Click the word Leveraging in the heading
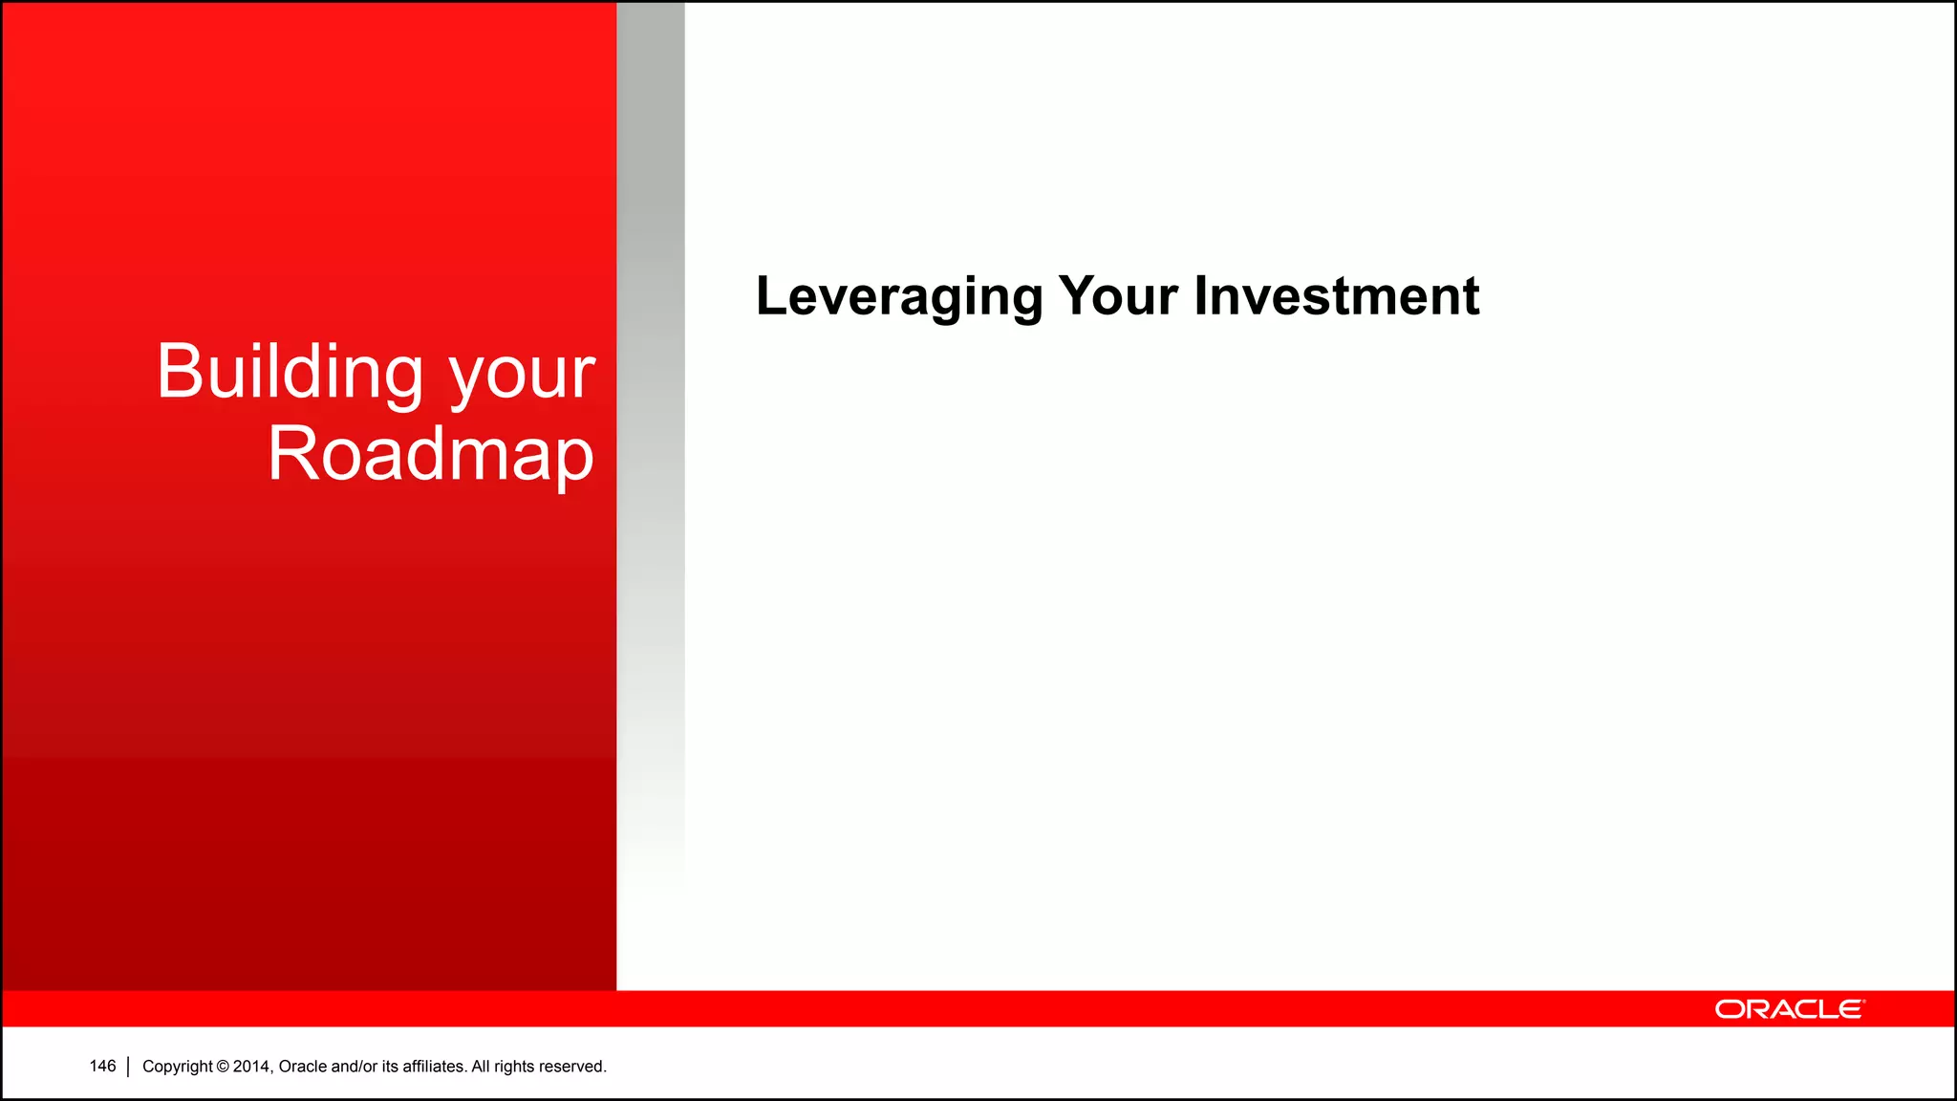(898, 296)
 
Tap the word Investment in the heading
(1337, 296)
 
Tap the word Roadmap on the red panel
(430, 455)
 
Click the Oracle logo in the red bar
(1789, 1009)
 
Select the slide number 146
(102, 1066)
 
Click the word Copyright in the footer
(178, 1067)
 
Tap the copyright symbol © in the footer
(223, 1067)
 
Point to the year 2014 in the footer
(252, 1067)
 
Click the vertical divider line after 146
(128, 1067)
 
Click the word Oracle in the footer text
(302, 1067)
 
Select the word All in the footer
(481, 1067)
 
